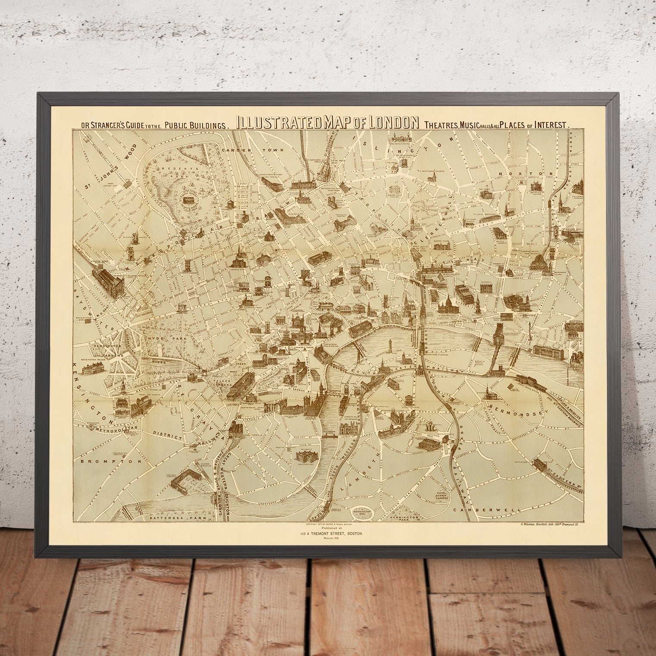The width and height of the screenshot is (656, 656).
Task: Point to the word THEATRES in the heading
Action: pos(440,125)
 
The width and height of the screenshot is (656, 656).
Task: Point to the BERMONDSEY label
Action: pos(516,407)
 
